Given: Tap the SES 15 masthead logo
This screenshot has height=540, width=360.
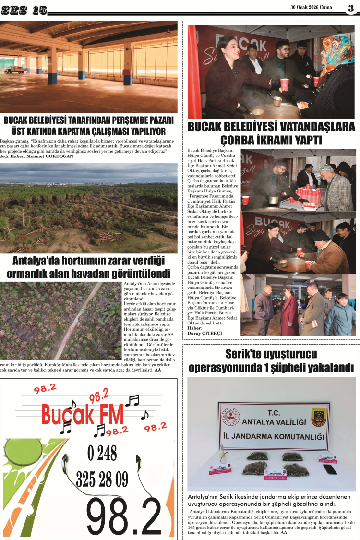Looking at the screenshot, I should (x=24, y=10).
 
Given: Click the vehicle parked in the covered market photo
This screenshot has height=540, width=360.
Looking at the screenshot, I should (x=14, y=70).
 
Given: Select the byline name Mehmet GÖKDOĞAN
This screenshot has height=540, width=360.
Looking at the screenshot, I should (x=50, y=156).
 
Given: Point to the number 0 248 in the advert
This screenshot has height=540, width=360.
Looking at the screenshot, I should (x=102, y=453).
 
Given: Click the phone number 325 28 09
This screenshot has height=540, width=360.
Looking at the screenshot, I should (x=102, y=478).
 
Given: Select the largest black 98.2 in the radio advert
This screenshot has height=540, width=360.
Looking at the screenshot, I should (x=124, y=516).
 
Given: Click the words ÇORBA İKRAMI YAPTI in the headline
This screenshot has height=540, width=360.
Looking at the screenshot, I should (x=271, y=141).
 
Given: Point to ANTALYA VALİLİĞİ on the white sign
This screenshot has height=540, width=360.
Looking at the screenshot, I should (x=274, y=422).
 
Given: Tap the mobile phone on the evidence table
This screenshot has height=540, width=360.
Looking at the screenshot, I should (x=330, y=468).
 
